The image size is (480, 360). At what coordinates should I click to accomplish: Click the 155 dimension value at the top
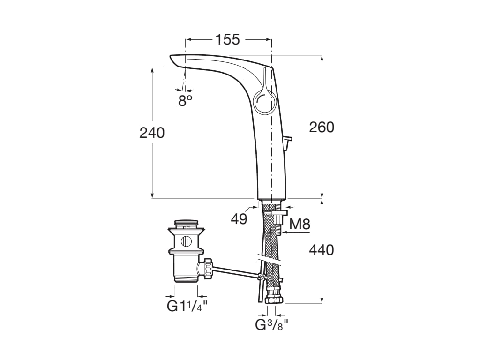click(227, 40)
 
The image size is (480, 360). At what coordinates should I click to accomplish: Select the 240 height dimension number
click(152, 133)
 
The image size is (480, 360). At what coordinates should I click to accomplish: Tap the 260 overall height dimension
click(322, 127)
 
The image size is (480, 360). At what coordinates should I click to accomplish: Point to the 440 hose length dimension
click(322, 250)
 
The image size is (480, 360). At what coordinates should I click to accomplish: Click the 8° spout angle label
click(185, 100)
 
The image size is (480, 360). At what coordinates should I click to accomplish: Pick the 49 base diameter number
click(239, 218)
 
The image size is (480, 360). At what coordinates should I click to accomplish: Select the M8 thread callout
click(300, 224)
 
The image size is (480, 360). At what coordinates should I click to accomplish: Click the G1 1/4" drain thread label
click(187, 307)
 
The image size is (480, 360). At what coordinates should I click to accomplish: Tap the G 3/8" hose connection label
click(271, 324)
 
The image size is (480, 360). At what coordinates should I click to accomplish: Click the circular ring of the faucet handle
click(265, 103)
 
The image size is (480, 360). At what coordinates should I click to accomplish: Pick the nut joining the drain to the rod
click(206, 269)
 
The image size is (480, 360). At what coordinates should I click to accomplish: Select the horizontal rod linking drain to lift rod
click(234, 272)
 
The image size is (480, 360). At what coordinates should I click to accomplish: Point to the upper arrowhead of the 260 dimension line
click(322, 58)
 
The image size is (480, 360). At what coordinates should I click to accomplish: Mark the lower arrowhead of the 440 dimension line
click(322, 300)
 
